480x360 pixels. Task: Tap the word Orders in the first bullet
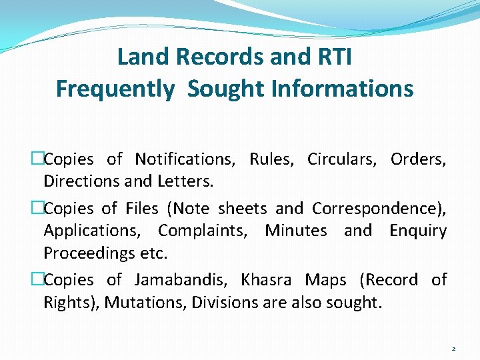coord(418,159)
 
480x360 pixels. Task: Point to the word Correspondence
coord(379,209)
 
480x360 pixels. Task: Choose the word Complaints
coord(207,231)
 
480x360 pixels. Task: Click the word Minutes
coord(296,231)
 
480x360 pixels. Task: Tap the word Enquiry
coord(418,231)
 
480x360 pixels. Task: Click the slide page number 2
coord(453,349)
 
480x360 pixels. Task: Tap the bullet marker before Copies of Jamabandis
coord(37,280)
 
